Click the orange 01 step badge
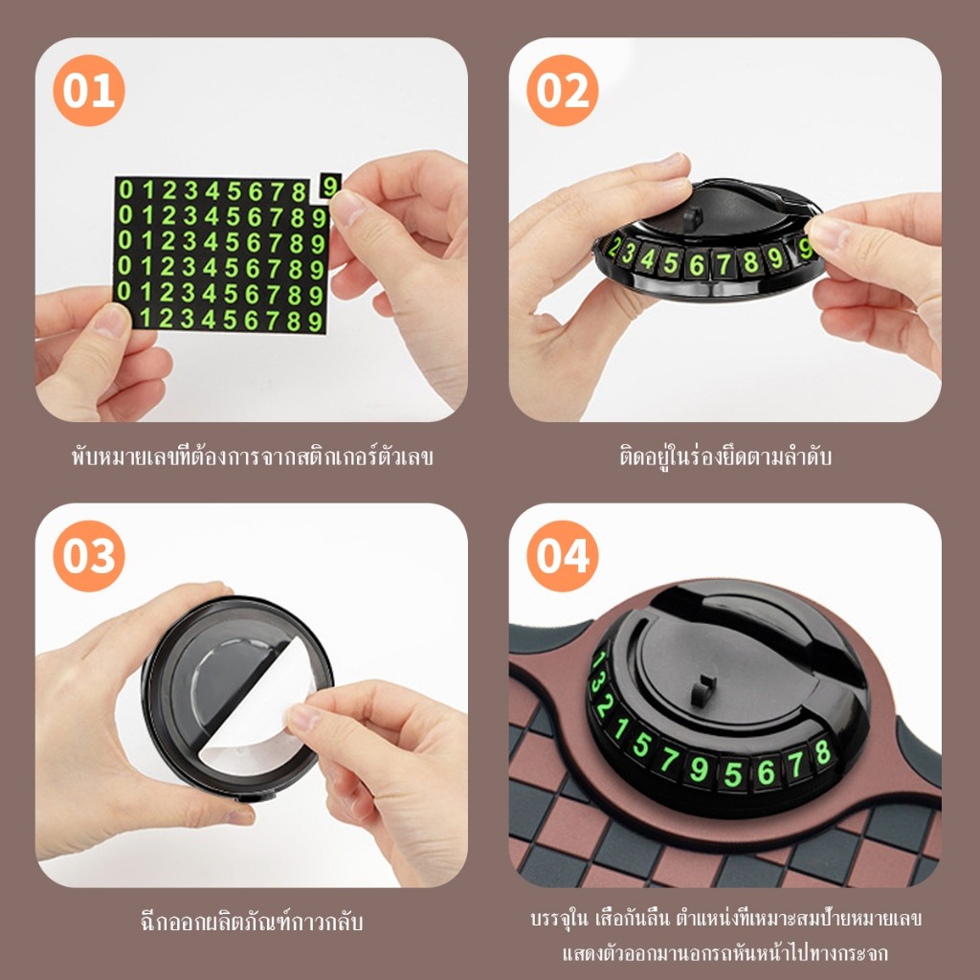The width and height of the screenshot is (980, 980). pyautogui.click(x=89, y=91)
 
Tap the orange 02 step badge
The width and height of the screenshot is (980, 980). pyautogui.click(x=563, y=91)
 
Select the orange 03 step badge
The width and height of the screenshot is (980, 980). pyautogui.click(x=89, y=556)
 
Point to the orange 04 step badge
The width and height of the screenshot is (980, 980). pyautogui.click(x=563, y=556)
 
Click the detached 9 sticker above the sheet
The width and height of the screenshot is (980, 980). pyautogui.click(x=330, y=186)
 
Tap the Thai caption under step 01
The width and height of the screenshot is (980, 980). pyautogui.click(x=252, y=457)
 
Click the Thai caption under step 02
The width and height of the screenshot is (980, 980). pyautogui.click(x=725, y=457)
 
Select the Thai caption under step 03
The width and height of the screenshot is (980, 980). pyautogui.click(x=252, y=922)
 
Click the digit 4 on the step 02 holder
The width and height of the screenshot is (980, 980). pyautogui.click(x=648, y=258)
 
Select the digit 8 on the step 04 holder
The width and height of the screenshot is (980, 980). pyautogui.click(x=822, y=752)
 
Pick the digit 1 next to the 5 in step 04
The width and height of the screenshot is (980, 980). pyautogui.click(x=620, y=728)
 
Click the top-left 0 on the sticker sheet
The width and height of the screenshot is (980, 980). pyautogui.click(x=125, y=189)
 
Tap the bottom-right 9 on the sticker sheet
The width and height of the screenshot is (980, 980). pyautogui.click(x=316, y=322)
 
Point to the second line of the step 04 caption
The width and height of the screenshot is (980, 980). pyautogui.click(x=725, y=953)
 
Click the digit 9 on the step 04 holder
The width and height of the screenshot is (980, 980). pyautogui.click(x=699, y=769)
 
